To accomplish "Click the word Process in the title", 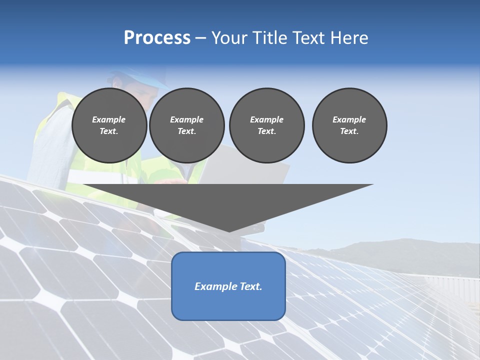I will [157, 38].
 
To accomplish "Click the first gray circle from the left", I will [109, 125].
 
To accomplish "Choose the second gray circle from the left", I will [186, 125].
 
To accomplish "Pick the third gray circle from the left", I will [266, 125].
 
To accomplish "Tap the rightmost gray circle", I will [349, 125].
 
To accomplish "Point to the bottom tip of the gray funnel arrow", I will [229, 230].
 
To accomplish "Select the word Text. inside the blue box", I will [251, 286].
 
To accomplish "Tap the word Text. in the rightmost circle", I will [349, 131].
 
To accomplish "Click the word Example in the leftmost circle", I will [109, 119].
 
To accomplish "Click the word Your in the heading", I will [228, 38].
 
